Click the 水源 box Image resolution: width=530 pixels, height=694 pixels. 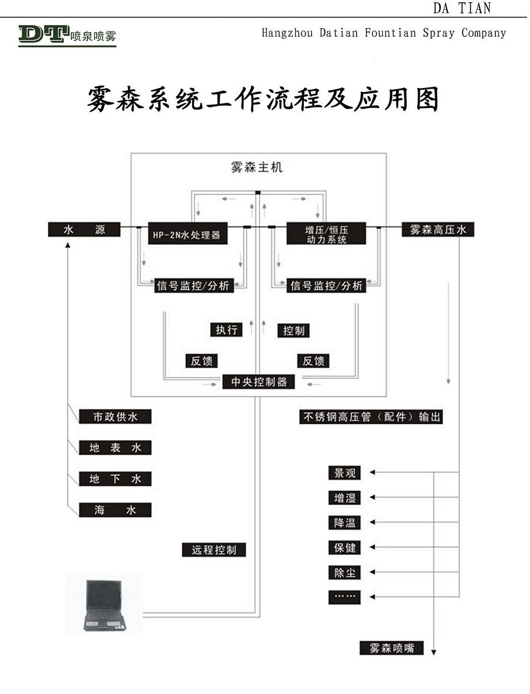tap(84, 229)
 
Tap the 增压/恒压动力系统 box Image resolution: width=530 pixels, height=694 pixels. tap(326, 234)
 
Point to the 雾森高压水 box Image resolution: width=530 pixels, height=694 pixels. tap(439, 229)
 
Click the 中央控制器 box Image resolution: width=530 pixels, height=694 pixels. tap(258, 382)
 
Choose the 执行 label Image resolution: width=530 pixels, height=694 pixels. tap(226, 330)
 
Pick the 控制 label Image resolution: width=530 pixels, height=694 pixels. tap(294, 331)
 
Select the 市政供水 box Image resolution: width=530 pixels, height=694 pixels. tap(115, 417)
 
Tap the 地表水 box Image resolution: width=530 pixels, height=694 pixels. tap(115, 448)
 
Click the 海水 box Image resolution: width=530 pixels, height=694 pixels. tap(115, 509)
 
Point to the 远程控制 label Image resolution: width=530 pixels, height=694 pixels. tap(214, 550)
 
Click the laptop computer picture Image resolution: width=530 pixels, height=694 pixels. tap(104, 604)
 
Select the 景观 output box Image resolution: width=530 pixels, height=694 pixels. tap(345, 473)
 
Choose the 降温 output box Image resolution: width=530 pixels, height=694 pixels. tap(345, 523)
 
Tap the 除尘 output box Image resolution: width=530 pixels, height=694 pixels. tap(345, 573)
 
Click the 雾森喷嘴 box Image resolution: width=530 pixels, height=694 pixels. tap(391, 648)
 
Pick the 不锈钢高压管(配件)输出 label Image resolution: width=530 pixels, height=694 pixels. tap(372, 417)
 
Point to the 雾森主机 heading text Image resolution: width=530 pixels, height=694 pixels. tap(257, 167)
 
